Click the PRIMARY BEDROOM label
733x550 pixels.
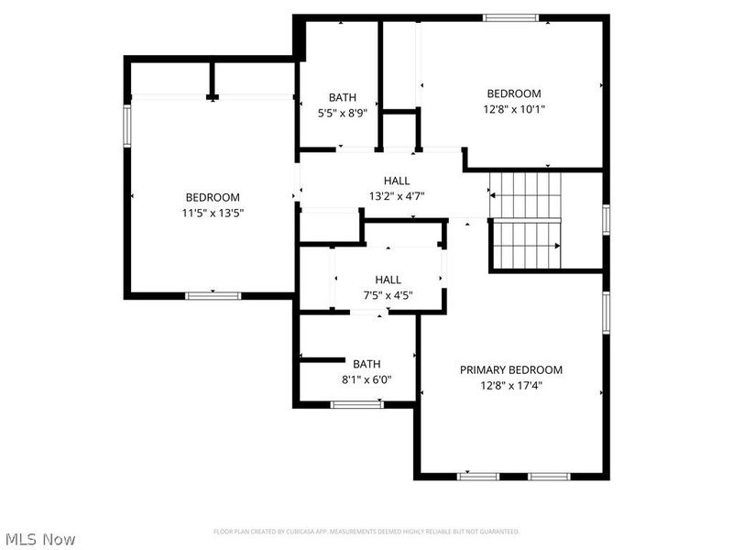tap(510, 369)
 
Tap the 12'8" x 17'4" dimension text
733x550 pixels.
tap(510, 385)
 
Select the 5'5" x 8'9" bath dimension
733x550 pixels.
tap(342, 114)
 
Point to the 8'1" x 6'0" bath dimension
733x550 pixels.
tap(355, 379)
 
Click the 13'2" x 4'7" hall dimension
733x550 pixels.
tap(396, 195)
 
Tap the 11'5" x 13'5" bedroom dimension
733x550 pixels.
tap(213, 212)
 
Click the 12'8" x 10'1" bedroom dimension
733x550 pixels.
tap(513, 108)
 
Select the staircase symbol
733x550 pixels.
tap(526, 221)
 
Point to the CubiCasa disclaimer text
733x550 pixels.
tap(366, 532)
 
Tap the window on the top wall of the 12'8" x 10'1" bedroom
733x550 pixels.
tap(511, 16)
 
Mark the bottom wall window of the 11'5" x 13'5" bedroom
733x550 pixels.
tap(213, 295)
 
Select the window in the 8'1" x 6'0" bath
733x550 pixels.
tap(356, 403)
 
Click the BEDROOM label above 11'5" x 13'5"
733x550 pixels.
tap(213, 197)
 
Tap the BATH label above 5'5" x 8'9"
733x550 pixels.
tap(342, 98)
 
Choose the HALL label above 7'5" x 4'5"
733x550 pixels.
tap(388, 280)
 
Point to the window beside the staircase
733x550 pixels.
tap(606, 220)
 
